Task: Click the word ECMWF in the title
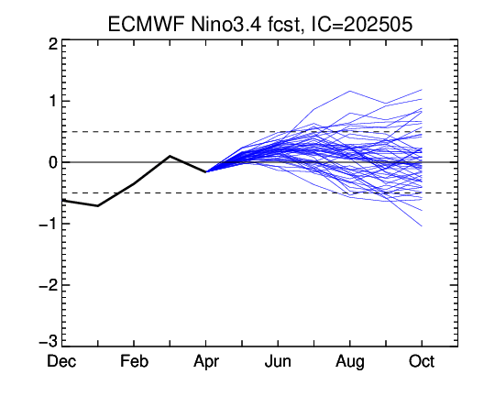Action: (x=146, y=24)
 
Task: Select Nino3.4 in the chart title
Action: (x=226, y=24)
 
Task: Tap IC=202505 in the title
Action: (x=362, y=24)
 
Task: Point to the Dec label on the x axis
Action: (x=61, y=361)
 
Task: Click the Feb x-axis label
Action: (x=134, y=361)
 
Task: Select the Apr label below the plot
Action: (x=206, y=362)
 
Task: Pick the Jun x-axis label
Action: (x=278, y=361)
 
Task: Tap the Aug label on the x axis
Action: (x=350, y=362)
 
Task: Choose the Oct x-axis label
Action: (x=422, y=361)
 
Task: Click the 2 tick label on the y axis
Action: (x=53, y=44)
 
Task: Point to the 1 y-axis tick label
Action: (x=53, y=102)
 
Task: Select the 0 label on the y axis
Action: (x=53, y=162)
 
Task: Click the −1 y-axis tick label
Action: (x=49, y=225)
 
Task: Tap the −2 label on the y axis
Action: (x=49, y=285)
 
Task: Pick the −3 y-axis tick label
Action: (x=49, y=341)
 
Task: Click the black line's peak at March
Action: (x=170, y=156)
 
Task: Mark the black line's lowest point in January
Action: (x=98, y=206)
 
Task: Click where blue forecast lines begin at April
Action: (x=206, y=171)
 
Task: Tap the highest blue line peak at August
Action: (x=350, y=91)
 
